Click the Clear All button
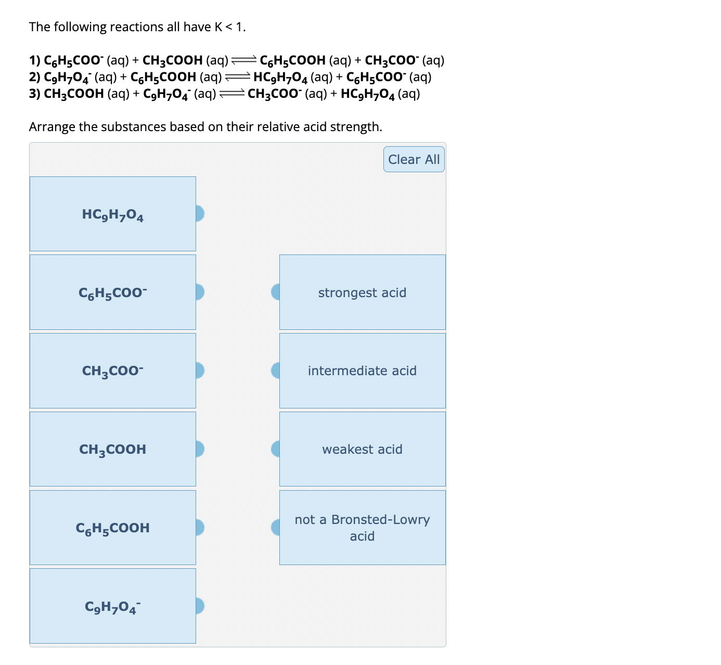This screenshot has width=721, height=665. pos(414,159)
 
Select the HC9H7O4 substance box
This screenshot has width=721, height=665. pos(113,214)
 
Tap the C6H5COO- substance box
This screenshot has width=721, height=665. pos(113,292)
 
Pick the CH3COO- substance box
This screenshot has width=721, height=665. pos(113,370)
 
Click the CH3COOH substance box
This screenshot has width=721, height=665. pos(113,449)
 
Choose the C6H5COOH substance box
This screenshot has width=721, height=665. pos(113,528)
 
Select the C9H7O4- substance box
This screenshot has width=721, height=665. pos(113,606)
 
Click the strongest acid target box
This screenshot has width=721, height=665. pos(363,292)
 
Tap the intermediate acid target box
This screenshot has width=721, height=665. pos(363,370)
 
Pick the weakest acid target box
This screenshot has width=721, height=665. pos(363,449)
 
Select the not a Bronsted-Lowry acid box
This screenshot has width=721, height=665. pos(363,528)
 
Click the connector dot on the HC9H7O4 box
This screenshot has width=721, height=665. pos(199,213)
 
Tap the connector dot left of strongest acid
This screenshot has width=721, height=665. pos(276,292)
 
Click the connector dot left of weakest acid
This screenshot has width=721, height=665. pos(276,449)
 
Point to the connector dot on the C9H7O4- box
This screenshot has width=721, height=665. pos(199,606)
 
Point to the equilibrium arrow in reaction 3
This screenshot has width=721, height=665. pos(231,94)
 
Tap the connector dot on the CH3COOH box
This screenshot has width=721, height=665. pos(199,449)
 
